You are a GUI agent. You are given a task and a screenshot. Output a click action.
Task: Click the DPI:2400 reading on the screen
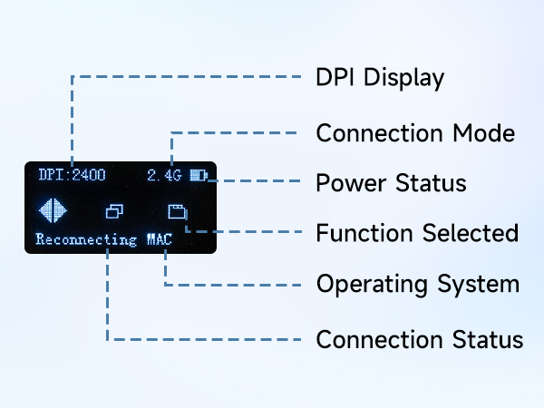pyautogui.click(x=72, y=174)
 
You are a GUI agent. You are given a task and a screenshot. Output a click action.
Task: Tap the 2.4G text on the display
pyautogui.click(x=164, y=175)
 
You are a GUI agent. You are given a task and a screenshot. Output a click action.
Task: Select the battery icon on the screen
pyautogui.click(x=199, y=175)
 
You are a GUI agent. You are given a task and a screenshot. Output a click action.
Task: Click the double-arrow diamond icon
pyautogui.click(x=53, y=210)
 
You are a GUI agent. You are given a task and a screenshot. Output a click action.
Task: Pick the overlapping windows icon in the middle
pyautogui.click(x=114, y=211)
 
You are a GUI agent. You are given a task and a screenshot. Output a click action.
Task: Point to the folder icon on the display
pyautogui.click(x=178, y=211)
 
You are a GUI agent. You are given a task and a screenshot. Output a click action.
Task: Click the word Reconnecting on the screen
pyautogui.click(x=86, y=239)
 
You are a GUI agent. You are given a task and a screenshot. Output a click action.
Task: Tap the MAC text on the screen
pyautogui.click(x=160, y=239)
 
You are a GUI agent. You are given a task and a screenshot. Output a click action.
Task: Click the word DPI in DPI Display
pyautogui.click(x=335, y=77)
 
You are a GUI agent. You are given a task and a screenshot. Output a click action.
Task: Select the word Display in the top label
pyautogui.click(x=403, y=78)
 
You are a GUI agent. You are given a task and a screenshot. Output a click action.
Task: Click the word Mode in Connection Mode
pyautogui.click(x=484, y=133)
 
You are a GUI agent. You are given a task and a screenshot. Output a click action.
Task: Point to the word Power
pyautogui.click(x=351, y=183)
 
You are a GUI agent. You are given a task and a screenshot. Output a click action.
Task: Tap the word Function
pyautogui.click(x=364, y=232)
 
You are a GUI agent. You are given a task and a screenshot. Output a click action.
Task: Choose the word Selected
pyautogui.click(x=471, y=232)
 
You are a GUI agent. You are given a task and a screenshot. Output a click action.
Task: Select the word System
pyautogui.click(x=479, y=285)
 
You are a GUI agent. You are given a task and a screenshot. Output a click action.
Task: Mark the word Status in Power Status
pyautogui.click(x=431, y=183)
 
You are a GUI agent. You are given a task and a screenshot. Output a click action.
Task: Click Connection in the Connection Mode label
pyautogui.click(x=380, y=133)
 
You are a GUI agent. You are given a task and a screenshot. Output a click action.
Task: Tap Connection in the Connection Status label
pyautogui.click(x=380, y=339)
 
